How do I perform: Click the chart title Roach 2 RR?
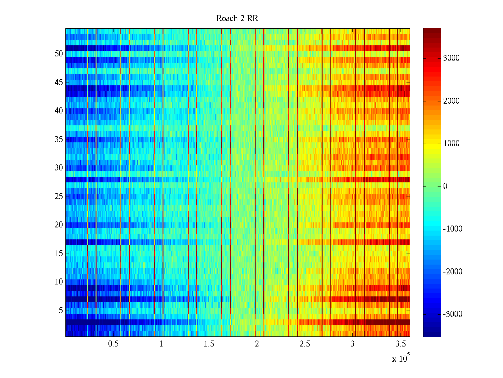point(237,19)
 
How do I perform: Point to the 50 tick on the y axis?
point(59,54)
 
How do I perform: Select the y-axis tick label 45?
point(59,83)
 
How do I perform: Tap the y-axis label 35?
point(59,140)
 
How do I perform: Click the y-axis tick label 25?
point(59,197)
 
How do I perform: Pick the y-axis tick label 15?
point(59,254)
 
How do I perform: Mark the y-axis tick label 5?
point(61,311)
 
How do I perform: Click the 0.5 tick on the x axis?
point(113,344)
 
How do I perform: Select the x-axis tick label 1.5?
point(209,344)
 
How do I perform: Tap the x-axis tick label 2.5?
point(305,344)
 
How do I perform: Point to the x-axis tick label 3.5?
point(401,344)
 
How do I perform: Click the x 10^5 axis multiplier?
point(401,358)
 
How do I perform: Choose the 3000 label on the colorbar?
point(451,58)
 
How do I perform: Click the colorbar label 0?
point(445,186)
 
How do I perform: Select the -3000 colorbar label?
point(452,314)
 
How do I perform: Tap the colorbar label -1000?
point(452,229)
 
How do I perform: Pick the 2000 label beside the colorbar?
point(451,101)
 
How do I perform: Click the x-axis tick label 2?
point(257,344)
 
